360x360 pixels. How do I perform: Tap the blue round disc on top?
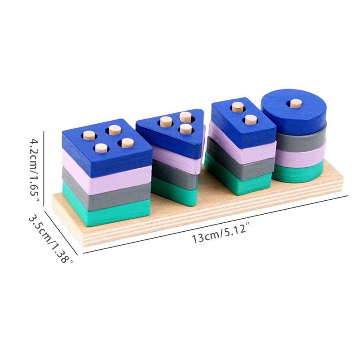(x=294, y=111)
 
